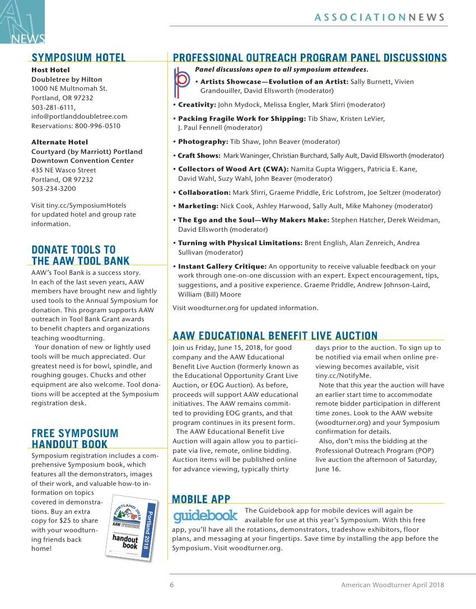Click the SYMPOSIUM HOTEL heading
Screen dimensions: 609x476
pyautogui.click(x=78, y=58)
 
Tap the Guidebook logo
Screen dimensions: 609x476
pyautogui.click(x=206, y=515)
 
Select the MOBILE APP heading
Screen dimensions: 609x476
pyautogui.click(x=201, y=499)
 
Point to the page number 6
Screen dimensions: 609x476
pyautogui.click(x=172, y=585)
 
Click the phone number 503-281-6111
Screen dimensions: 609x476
pyautogui.click(x=53, y=107)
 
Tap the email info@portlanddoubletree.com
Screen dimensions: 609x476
pyautogui.click(x=79, y=116)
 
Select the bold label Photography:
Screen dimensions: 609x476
pyautogui.click(x=203, y=142)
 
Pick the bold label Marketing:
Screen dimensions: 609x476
pyautogui.click(x=198, y=206)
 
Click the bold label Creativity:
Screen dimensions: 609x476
pyautogui.click(x=197, y=105)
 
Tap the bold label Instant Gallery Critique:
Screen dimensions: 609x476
pyautogui.click(x=222, y=266)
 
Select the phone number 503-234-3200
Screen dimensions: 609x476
pyautogui.click(x=53, y=189)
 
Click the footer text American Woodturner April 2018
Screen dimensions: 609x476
pyautogui.click(x=393, y=585)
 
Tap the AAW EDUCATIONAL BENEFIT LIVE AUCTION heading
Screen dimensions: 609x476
pyautogui.click(x=275, y=336)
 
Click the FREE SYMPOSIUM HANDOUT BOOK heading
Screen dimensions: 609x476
pyautogui.click(x=74, y=439)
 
